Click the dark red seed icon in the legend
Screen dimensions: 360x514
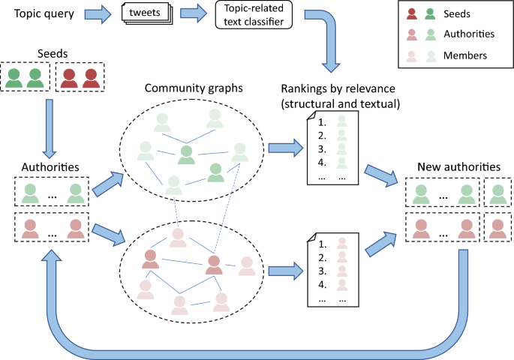(411, 13)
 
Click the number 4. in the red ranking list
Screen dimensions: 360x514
(323, 284)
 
